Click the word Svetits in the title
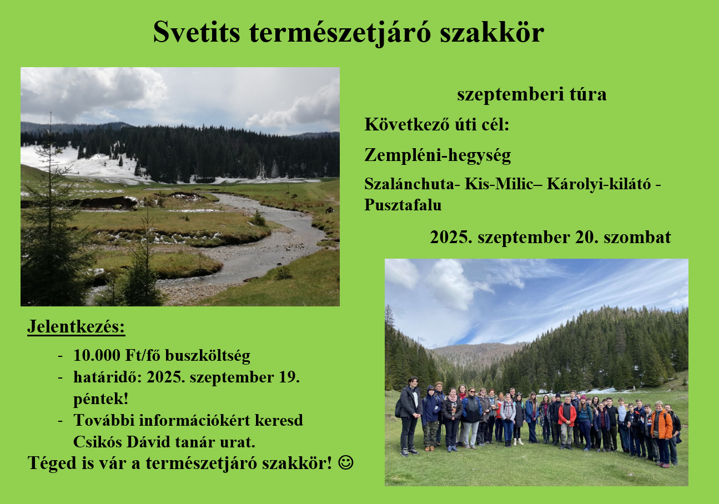click(197, 32)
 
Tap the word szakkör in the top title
click(492, 32)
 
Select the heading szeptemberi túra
click(531, 94)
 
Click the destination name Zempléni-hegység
click(438, 155)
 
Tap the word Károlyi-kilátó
click(599, 184)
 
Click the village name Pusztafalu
click(403, 205)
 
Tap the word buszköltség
click(207, 356)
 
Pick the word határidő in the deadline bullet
click(108, 377)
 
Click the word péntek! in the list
click(101, 399)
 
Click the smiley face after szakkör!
click(346, 462)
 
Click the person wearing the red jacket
click(567, 422)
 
